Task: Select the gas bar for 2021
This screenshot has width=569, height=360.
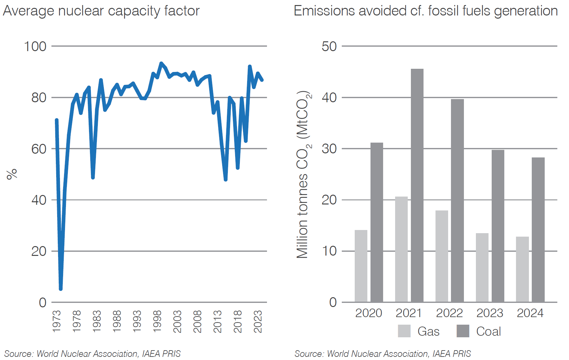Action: coord(401,249)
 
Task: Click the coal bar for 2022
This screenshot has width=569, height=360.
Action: coord(457,201)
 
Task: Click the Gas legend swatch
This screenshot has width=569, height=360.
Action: coord(404,331)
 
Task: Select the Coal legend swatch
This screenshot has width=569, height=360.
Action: coord(463,331)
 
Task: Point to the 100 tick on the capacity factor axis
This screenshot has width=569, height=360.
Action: coord(35,46)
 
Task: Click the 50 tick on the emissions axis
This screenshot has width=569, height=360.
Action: coord(329,46)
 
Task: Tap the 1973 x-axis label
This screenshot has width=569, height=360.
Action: coord(56,321)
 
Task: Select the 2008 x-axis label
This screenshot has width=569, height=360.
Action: coord(197,321)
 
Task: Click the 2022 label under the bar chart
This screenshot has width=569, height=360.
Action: coord(449,313)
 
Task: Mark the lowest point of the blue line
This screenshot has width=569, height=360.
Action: coord(61,289)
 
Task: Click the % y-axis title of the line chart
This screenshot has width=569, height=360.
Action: coord(12,174)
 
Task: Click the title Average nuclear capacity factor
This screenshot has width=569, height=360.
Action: coord(101,11)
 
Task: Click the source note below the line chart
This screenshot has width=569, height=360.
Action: coord(92,354)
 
